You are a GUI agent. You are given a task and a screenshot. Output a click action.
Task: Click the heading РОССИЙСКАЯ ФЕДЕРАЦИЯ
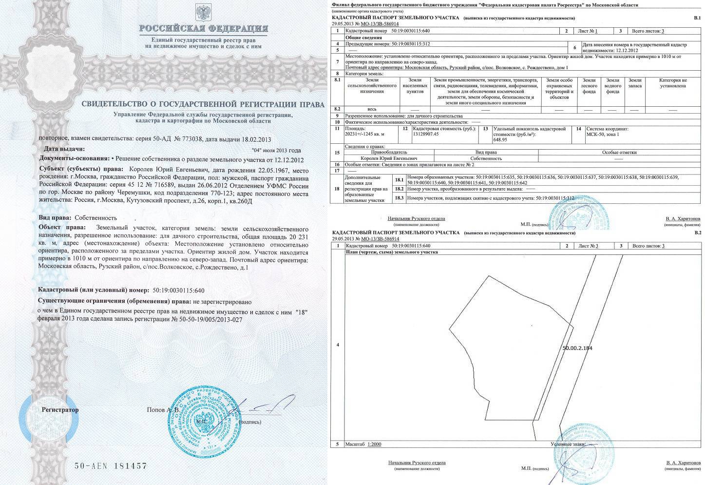click(203, 28)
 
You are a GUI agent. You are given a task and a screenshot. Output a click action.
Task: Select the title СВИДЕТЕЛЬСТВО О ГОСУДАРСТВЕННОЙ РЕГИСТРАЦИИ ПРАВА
click(203, 104)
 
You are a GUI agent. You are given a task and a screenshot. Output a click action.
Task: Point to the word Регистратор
click(60, 409)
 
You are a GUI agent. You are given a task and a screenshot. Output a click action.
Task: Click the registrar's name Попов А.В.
click(163, 410)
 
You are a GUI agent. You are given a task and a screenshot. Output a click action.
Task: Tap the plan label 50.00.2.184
click(577, 348)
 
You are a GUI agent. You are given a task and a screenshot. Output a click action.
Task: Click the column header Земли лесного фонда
click(589, 86)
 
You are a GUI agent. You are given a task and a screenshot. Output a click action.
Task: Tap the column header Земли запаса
click(634, 83)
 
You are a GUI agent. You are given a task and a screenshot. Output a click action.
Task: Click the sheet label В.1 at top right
click(697, 18)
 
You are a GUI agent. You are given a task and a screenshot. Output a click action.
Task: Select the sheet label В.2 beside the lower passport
click(697, 233)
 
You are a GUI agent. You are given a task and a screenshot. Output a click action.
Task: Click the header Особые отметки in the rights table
click(619, 152)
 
